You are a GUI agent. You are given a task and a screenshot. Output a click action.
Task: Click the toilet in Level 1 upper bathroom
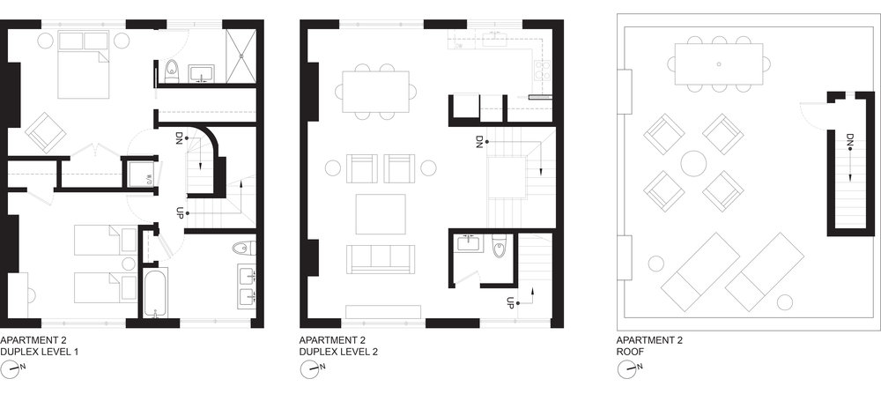point(172,71)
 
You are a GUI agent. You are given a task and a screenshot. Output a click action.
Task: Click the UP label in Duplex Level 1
point(180,212)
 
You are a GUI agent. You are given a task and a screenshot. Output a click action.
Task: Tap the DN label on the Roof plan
point(848,141)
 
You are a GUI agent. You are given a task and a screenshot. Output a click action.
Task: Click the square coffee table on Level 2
point(381,212)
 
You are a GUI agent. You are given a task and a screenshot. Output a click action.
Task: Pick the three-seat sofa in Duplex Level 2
point(381,257)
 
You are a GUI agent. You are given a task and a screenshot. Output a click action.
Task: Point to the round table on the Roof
point(695,163)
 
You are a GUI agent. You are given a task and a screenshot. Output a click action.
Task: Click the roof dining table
point(719,64)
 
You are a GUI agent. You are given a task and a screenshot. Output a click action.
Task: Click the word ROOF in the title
point(633,351)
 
